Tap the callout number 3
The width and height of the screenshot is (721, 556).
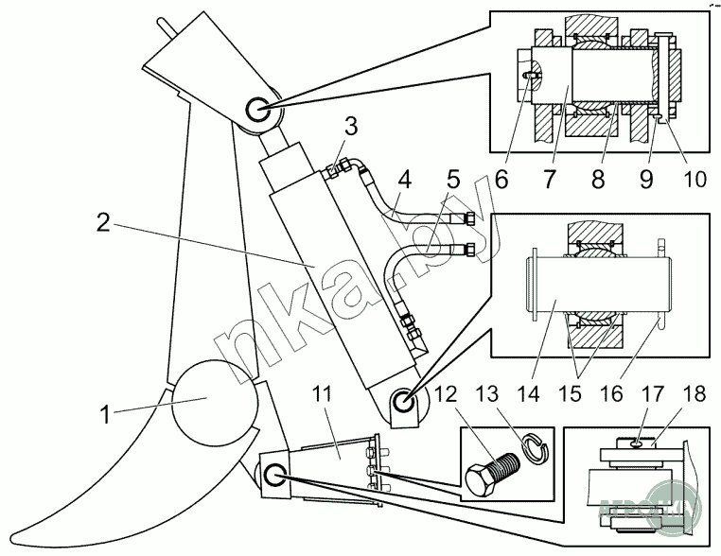tap(350, 127)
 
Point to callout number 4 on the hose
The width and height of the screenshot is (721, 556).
tap(403, 178)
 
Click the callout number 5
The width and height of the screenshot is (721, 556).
tap(452, 178)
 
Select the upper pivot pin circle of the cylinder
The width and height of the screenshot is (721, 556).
tap(258, 111)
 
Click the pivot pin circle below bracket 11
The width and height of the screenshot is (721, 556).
tap(275, 476)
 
